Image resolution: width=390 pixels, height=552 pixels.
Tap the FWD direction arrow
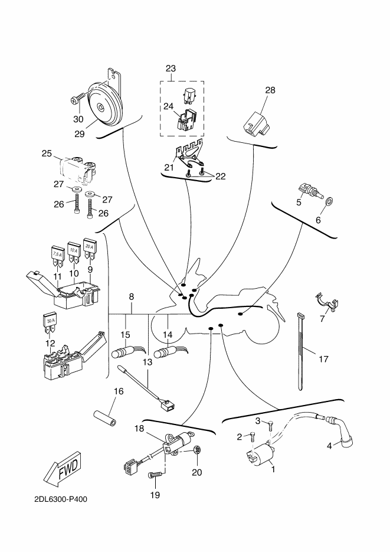[63, 467]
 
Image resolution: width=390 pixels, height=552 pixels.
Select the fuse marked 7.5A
[57, 257]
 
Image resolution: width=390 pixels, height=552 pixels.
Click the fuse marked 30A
[49, 323]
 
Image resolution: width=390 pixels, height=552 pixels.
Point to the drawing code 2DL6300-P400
[61, 499]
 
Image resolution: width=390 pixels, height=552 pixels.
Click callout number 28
[270, 90]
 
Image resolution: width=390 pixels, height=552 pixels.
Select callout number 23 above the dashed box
[171, 68]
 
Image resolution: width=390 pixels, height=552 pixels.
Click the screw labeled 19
[155, 475]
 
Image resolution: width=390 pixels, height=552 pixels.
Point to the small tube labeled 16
[105, 418]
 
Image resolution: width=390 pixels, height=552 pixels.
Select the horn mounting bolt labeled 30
[78, 98]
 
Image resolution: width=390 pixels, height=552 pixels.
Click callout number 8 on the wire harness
[131, 297]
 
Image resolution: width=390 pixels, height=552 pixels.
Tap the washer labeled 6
[330, 202]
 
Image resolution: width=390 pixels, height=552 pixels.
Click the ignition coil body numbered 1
[261, 455]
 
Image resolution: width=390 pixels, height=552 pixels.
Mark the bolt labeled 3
[270, 426]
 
